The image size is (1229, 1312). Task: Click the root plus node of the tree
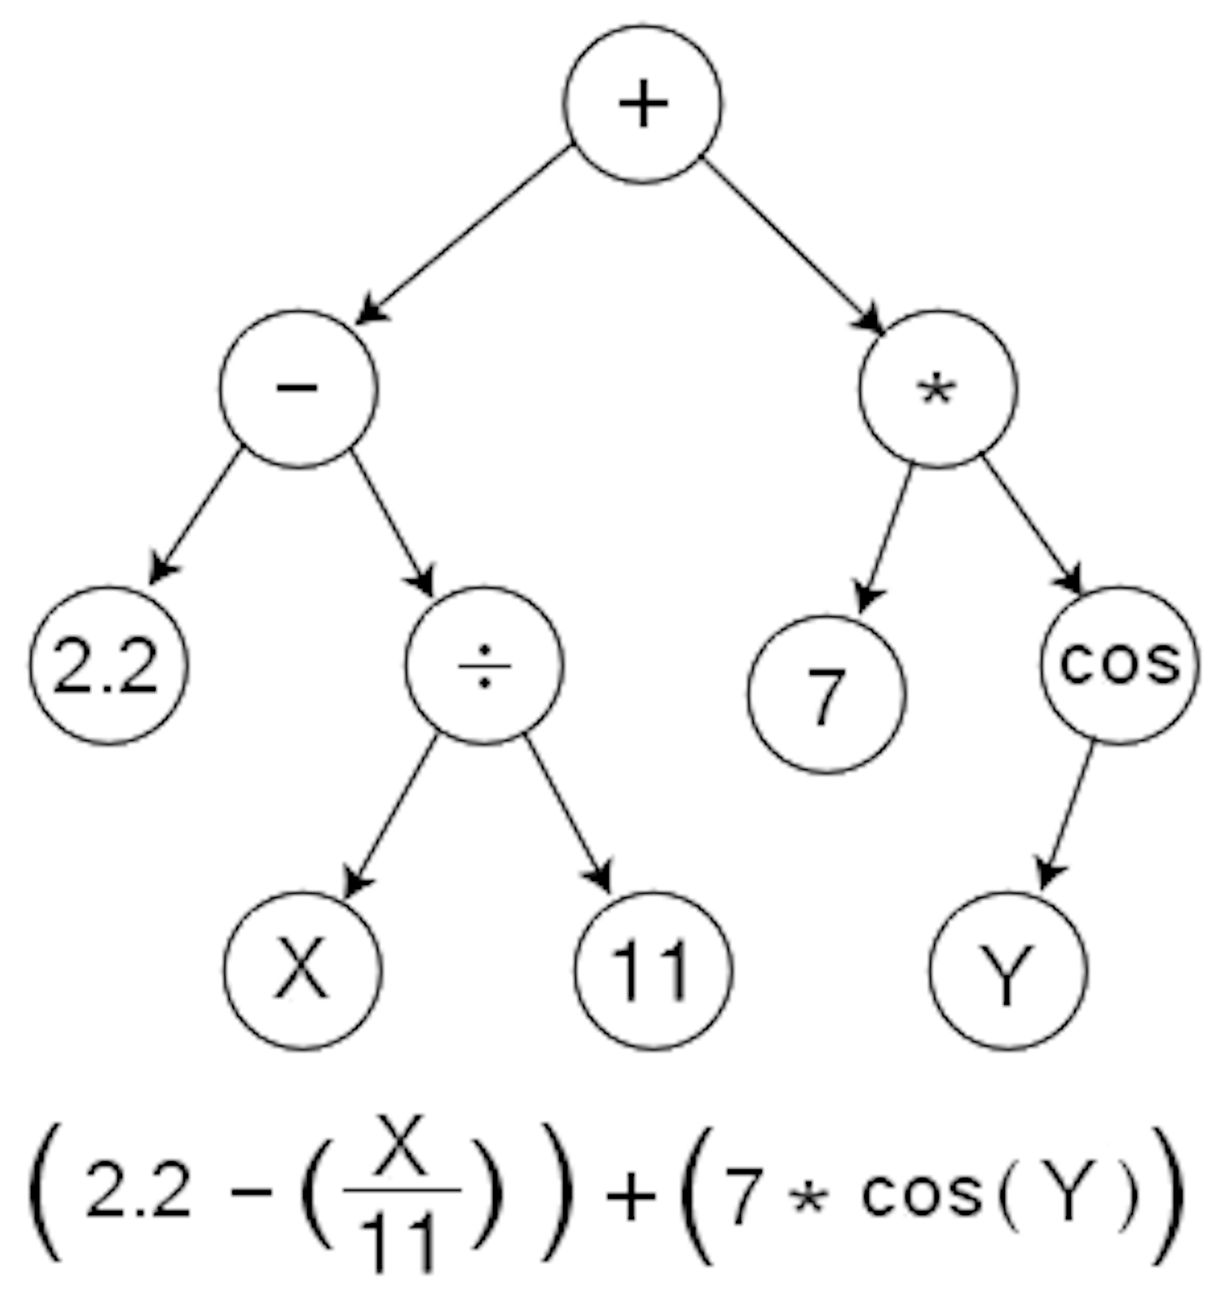pos(643,104)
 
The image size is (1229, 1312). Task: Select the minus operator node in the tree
pos(298,388)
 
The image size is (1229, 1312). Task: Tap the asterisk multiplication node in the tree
pos(938,390)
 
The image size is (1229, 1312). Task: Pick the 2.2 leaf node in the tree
pos(108,666)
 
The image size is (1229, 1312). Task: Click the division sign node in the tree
pos(484,666)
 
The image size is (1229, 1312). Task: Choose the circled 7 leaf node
pos(826,695)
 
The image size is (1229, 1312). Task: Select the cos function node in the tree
pos(1120,664)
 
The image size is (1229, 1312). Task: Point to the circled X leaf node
pos(302,970)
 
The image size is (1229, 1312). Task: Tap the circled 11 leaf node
pos(653,970)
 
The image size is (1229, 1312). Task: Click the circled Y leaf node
pos(1008,970)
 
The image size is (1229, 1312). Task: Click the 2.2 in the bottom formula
pos(139,1191)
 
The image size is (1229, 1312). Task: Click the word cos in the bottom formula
pos(922,1193)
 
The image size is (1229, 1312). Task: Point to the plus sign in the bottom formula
pos(631,1196)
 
